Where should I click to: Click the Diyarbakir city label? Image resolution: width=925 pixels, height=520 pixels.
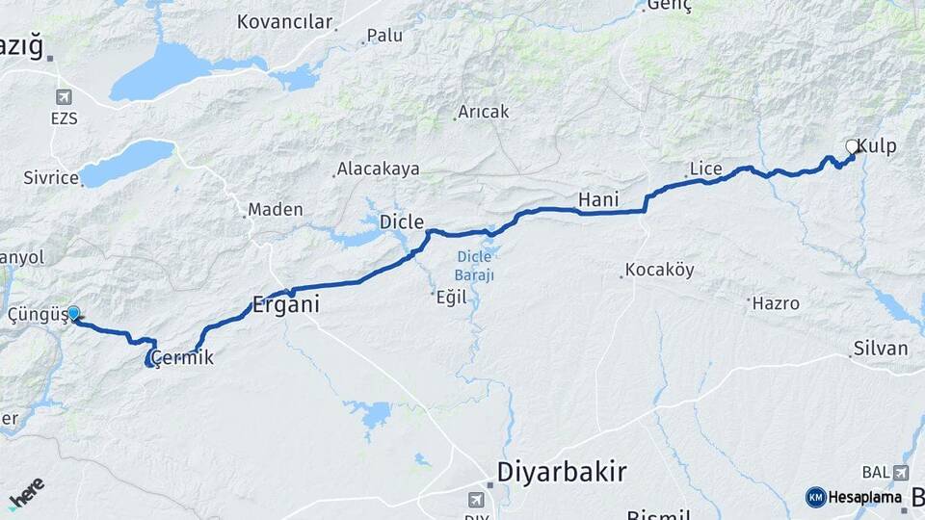click(562, 472)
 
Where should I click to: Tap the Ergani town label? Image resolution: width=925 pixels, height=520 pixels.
click(285, 305)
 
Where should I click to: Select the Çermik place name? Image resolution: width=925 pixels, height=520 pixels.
click(178, 358)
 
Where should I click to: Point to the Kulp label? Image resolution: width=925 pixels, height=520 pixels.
click(876, 146)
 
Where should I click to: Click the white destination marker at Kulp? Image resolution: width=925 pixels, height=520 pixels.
click(852, 146)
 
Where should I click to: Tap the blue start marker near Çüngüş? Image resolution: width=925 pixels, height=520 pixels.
click(73, 313)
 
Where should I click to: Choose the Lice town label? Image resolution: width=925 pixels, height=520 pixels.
click(706, 169)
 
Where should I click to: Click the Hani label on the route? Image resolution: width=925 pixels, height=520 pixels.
click(597, 200)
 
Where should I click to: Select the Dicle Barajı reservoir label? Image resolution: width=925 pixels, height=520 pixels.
click(474, 266)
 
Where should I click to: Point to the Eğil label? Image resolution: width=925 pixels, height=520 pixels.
click(452, 298)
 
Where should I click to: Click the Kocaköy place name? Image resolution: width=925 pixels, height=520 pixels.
click(660, 271)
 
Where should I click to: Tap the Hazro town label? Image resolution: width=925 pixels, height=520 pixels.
click(777, 303)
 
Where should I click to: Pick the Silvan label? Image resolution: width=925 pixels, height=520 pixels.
click(881, 349)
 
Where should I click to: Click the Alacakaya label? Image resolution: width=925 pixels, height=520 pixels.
click(378, 169)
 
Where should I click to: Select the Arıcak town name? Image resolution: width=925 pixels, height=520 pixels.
click(484, 112)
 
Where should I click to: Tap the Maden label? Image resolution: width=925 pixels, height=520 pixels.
click(276, 209)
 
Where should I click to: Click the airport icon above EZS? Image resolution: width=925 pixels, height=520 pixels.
click(64, 97)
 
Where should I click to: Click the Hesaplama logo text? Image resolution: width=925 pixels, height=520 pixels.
click(865, 497)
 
